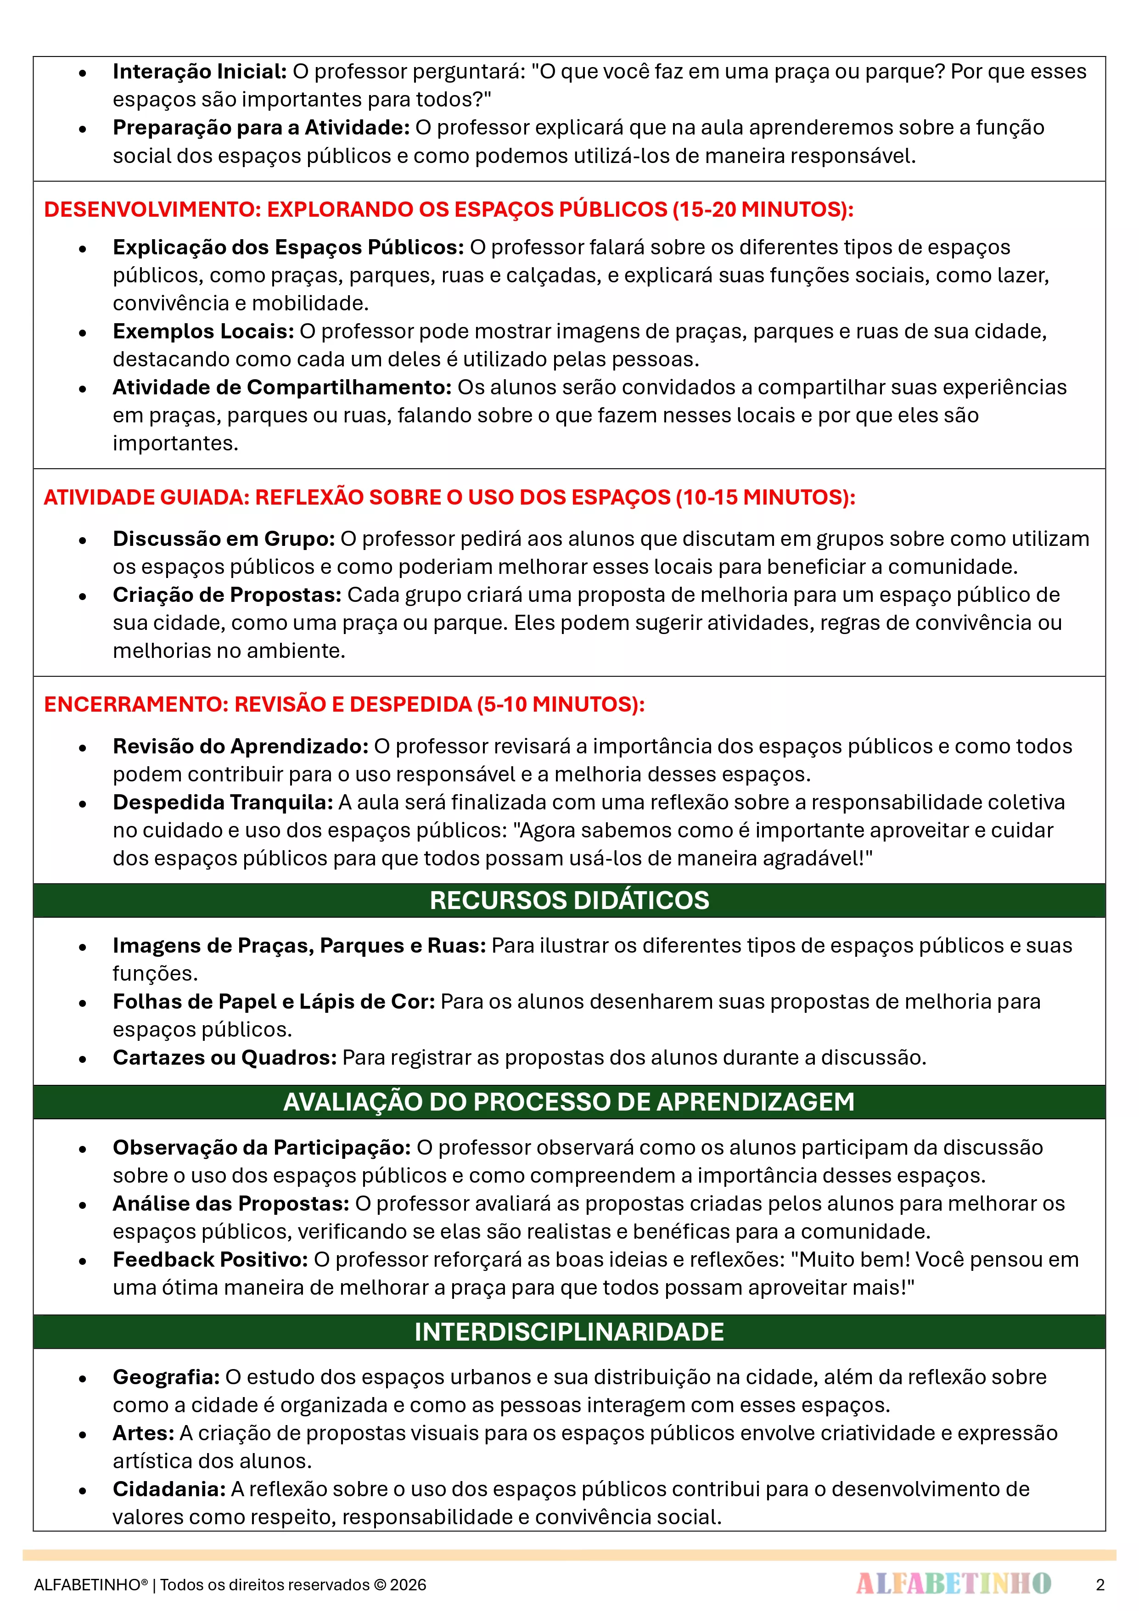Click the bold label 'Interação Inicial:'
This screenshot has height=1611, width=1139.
199,72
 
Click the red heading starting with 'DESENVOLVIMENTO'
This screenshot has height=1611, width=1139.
449,209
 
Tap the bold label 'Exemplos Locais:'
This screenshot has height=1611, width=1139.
203,331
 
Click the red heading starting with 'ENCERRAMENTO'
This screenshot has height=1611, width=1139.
344,704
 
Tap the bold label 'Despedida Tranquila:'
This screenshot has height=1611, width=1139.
223,802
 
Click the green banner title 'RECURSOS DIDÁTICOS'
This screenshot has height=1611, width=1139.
569,900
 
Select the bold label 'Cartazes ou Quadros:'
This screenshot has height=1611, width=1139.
224,1057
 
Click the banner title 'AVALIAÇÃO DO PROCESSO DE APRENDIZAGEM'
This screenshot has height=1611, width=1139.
569,1101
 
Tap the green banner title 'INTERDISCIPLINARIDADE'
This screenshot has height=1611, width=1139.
569,1332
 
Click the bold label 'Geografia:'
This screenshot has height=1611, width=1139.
166,1377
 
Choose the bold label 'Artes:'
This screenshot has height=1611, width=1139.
143,1433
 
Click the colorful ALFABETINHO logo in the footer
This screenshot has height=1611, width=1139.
953,1583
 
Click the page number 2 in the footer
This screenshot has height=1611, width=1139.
1100,1584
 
